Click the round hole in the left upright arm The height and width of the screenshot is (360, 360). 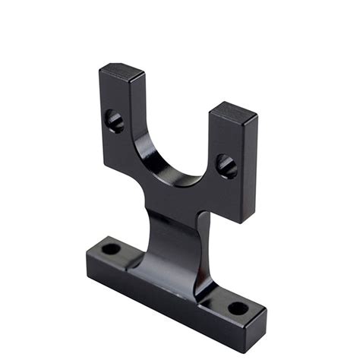point(114,120)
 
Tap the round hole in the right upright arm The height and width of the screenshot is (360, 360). point(226,165)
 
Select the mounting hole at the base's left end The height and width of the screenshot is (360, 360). point(111,248)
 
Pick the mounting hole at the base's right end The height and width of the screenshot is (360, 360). point(238,308)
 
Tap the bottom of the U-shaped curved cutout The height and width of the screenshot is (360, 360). point(176,181)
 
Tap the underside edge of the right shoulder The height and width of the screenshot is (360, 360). point(224,216)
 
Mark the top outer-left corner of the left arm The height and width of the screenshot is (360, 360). point(99,71)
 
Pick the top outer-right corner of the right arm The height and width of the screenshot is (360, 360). point(257,116)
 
